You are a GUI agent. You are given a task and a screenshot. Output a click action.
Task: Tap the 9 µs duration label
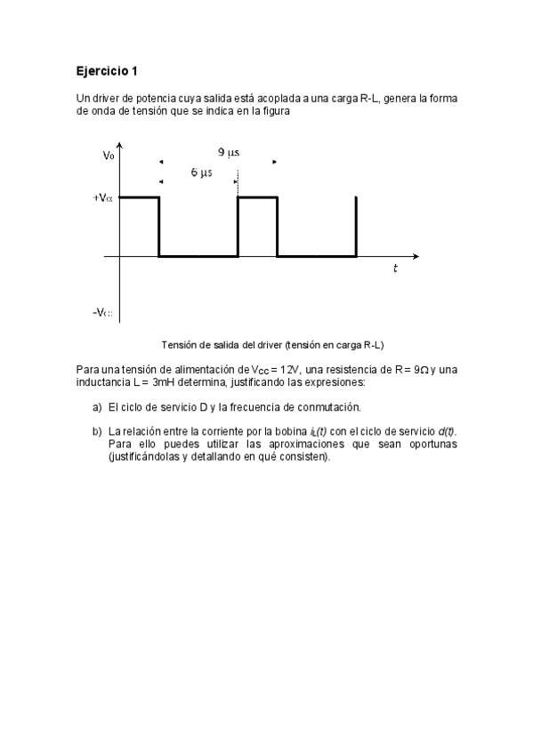pos(229,152)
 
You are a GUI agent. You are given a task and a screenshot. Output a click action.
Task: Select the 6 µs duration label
pos(201,172)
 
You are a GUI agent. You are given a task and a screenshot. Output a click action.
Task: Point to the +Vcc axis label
pos(102,198)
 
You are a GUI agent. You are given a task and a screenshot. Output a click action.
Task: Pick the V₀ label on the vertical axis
pos(108,156)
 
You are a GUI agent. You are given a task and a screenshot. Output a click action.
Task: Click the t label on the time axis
pos(395,269)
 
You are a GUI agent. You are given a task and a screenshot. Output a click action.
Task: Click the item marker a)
pos(97,407)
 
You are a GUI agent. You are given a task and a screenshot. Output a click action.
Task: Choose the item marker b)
pos(97,431)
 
